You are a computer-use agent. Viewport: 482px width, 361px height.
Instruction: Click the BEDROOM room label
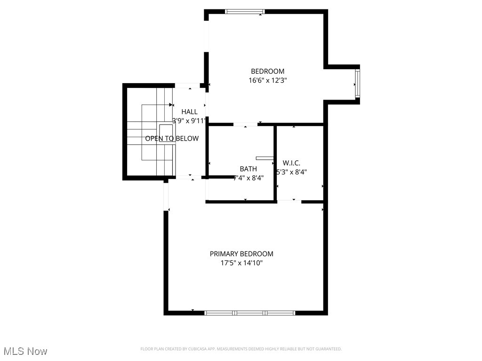(267, 71)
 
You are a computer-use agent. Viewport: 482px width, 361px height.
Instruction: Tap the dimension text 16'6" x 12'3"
(267, 80)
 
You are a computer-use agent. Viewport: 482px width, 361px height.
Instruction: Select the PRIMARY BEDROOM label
(241, 254)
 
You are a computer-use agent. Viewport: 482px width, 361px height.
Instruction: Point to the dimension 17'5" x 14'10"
(241, 263)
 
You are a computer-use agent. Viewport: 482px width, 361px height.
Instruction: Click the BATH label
(248, 169)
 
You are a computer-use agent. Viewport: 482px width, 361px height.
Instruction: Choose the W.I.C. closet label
(291, 163)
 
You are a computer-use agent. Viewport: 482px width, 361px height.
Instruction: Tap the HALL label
(189, 112)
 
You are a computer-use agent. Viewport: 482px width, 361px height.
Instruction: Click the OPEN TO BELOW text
(172, 138)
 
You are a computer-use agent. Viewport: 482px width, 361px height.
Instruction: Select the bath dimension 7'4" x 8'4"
(249, 178)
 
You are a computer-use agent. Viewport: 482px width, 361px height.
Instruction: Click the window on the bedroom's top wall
(245, 11)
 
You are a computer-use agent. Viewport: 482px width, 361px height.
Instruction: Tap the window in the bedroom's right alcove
(357, 84)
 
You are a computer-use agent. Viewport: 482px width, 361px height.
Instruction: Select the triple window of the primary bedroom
(250, 313)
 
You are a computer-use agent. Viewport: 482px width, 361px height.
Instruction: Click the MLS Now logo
(25, 351)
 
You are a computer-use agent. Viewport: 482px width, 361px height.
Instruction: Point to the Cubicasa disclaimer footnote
(241, 349)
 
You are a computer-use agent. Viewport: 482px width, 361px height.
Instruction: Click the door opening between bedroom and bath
(245, 125)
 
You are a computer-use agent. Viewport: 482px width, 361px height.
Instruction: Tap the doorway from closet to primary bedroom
(289, 201)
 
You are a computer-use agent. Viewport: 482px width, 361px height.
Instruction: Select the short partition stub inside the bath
(264, 158)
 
